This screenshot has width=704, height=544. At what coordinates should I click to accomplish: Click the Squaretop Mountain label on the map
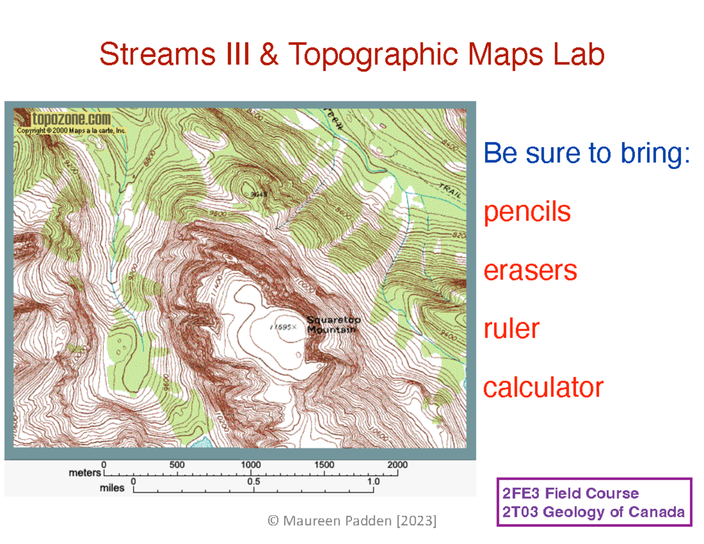(334, 325)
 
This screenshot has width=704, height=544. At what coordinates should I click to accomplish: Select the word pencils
(527, 212)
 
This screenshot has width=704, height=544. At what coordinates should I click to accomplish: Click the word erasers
(530, 271)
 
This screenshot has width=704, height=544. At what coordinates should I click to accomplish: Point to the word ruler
(511, 329)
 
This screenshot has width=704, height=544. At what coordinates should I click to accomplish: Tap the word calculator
(543, 387)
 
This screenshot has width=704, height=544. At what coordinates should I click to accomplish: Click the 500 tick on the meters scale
(177, 465)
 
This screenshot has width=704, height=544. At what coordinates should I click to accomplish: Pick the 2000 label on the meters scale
(397, 465)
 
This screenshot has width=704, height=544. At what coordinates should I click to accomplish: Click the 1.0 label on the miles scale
(373, 481)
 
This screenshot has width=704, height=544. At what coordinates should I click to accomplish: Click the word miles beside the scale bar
(112, 487)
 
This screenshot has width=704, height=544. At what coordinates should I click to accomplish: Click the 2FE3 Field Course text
(568, 493)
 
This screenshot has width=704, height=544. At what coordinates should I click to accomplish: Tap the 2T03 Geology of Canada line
(591, 512)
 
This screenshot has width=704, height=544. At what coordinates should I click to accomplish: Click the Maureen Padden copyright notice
(351, 521)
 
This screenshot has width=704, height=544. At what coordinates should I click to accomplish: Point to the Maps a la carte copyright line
(72, 131)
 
